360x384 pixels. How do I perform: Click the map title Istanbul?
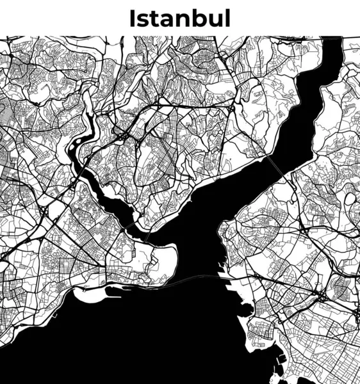[179, 18]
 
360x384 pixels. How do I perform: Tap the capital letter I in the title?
[132, 18]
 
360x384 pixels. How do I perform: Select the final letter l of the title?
[227, 18]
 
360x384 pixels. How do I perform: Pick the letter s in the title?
[142, 20]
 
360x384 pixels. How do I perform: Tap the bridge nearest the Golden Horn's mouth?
[147, 237]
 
